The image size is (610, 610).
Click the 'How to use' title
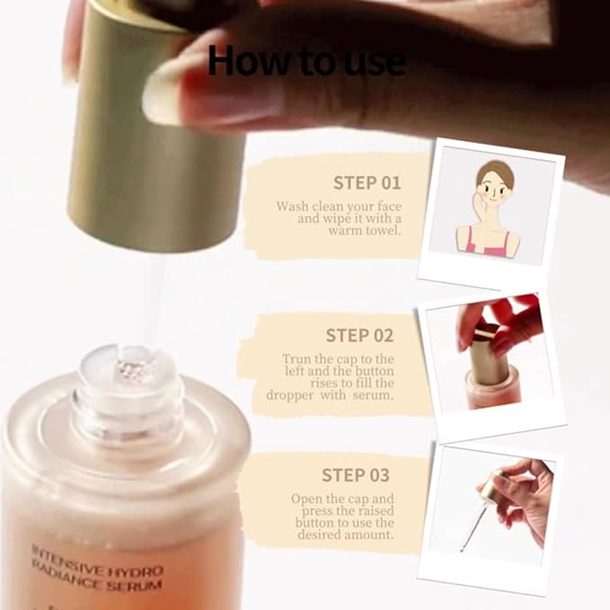(305, 60)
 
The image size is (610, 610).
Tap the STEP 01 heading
(367, 182)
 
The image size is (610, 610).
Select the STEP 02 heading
(359, 335)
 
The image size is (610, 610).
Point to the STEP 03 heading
(356, 474)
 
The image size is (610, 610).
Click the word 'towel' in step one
(381, 231)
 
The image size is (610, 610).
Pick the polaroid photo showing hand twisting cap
(492, 359)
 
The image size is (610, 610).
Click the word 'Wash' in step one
(293, 206)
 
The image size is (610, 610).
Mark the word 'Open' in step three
(308, 499)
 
